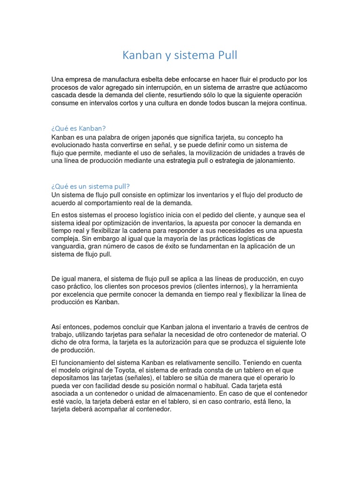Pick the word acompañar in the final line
116,410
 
